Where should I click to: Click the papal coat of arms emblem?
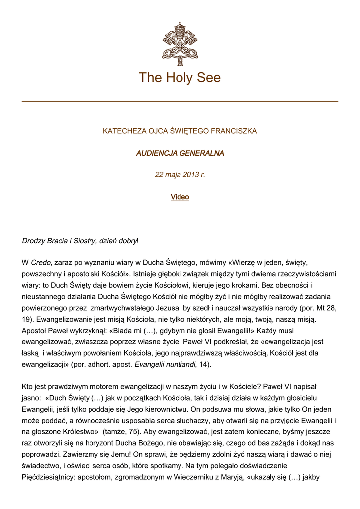pos(180,44)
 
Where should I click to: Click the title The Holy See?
pos(180,78)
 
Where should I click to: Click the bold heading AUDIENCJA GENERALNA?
pos(180,153)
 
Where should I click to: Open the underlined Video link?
pos(180,197)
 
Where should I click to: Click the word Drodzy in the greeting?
pos(34,241)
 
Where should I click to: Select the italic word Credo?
pos(41,262)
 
